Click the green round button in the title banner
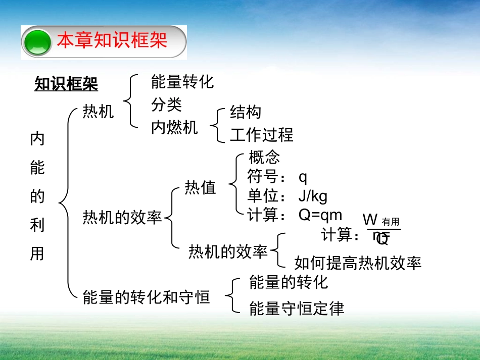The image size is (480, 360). [x=37, y=42]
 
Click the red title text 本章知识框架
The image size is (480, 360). [x=112, y=41]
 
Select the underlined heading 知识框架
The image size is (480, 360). [x=66, y=84]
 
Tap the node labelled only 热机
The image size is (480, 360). [x=99, y=112]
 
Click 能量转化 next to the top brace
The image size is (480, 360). [x=182, y=81]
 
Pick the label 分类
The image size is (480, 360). [x=166, y=105]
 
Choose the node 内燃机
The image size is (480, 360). [x=174, y=128]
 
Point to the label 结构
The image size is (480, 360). [x=246, y=112]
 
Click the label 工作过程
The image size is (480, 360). [x=262, y=135]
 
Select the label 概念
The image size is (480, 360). [x=264, y=157]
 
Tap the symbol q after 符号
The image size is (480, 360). [x=303, y=177]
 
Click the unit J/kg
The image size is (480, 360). [x=313, y=196]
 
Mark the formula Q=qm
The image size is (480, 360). [x=320, y=215]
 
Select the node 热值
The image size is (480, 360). [x=200, y=188]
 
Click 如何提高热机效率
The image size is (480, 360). [x=358, y=263]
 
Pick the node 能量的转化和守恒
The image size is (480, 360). [x=146, y=297]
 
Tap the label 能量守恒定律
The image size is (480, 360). [x=297, y=308]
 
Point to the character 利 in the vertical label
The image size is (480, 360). [x=37, y=225]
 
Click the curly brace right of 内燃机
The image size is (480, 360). [x=218, y=124]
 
